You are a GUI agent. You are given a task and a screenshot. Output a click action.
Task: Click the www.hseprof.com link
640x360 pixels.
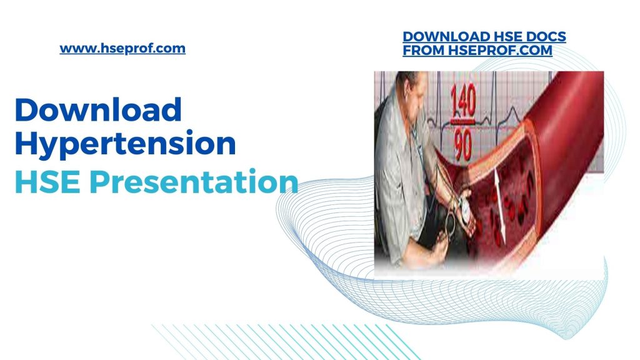pyautogui.click(x=122, y=48)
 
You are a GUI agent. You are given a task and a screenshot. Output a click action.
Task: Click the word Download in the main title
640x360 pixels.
pyautogui.click(x=98, y=110)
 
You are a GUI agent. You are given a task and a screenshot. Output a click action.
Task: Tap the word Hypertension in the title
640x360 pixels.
pyautogui.click(x=125, y=144)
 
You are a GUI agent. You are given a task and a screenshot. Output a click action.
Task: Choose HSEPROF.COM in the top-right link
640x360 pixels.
pyautogui.click(x=501, y=51)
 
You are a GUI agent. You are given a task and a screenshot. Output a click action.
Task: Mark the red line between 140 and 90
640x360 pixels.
pyautogui.click(x=462, y=122)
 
